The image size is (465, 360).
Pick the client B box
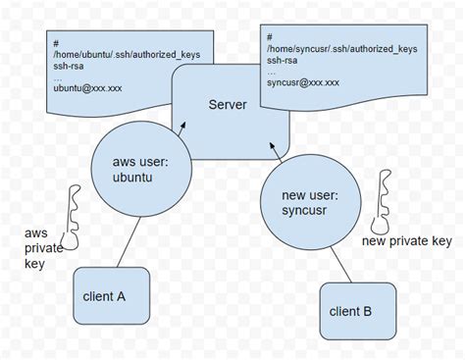(x=351, y=312)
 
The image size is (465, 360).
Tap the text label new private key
(x=407, y=241)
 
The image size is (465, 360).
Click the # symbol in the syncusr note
(x=268, y=35)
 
